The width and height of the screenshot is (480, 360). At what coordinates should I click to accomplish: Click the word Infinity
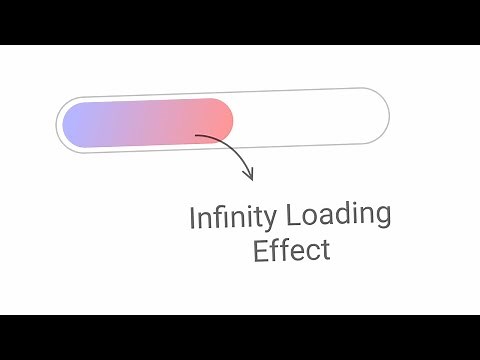(234, 216)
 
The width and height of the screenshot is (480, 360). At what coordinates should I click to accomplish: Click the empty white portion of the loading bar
(310, 115)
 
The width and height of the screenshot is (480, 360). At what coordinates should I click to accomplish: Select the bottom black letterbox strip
(240, 337)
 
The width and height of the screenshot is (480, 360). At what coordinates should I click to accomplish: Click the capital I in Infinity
(193, 218)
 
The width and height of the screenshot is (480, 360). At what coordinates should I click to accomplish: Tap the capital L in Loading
(292, 214)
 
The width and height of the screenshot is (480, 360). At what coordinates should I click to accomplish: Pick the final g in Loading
(382, 216)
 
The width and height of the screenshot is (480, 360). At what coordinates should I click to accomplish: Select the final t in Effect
(324, 248)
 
